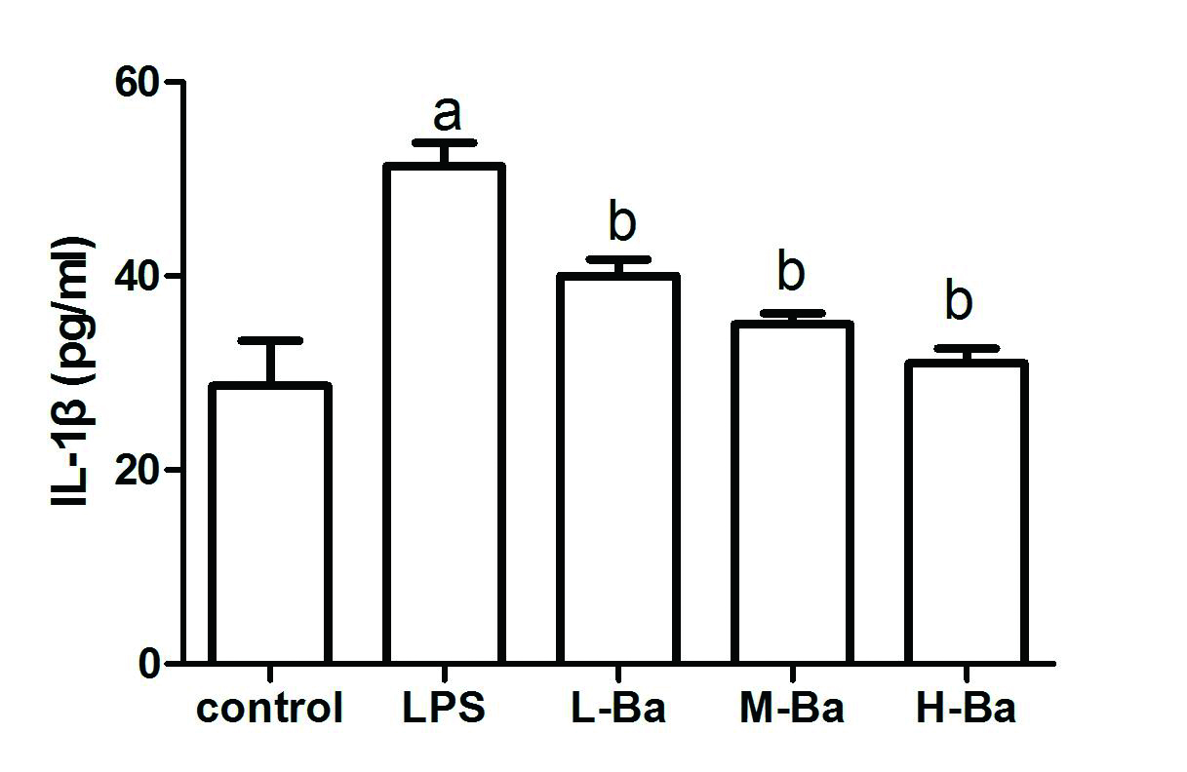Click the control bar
[270, 523]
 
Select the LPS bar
[444, 414]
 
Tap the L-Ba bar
[617, 469]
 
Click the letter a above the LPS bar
[447, 114]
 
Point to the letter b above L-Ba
[621, 222]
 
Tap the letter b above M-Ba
[792, 273]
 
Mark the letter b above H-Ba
[959, 302]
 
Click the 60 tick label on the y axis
[137, 82]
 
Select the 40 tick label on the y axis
[137, 276]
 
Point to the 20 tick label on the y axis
[137, 470]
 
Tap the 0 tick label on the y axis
[149, 664]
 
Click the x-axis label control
[270, 709]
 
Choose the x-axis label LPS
[444, 709]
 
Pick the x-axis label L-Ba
[617, 709]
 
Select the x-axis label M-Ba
[791, 709]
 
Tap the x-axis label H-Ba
[966, 709]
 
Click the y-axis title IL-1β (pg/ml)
[72, 372]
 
